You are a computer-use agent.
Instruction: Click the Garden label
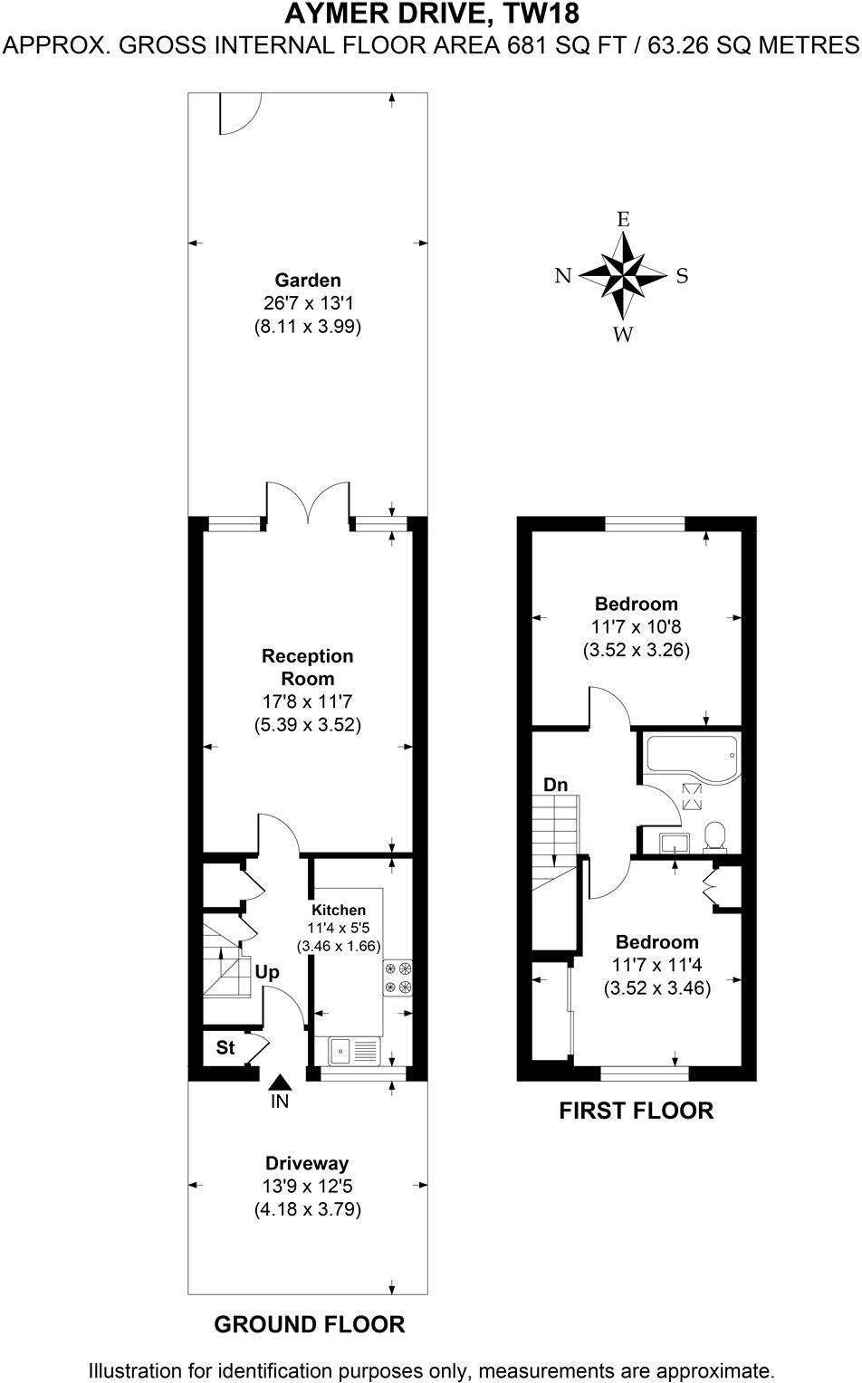coord(308,281)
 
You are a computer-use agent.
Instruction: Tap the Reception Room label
coord(308,667)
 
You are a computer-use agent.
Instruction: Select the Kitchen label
coord(339,910)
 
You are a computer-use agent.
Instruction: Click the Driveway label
coord(307,1164)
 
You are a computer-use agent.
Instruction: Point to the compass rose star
coord(623,275)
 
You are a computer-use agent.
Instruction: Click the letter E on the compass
coord(623,219)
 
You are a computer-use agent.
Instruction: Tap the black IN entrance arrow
coord(281,1082)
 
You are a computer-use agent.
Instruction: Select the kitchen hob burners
coord(398,977)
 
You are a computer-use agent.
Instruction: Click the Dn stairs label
coord(555,784)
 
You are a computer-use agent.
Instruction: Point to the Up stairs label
coord(267,972)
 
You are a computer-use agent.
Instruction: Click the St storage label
coord(225,1047)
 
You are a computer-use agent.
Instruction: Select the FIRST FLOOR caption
coord(636,1110)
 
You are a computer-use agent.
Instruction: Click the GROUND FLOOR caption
coord(309,1325)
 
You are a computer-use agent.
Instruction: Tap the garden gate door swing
coord(237,115)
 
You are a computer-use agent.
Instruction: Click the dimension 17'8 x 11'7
coord(308,701)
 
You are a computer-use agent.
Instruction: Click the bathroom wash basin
coord(673,843)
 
